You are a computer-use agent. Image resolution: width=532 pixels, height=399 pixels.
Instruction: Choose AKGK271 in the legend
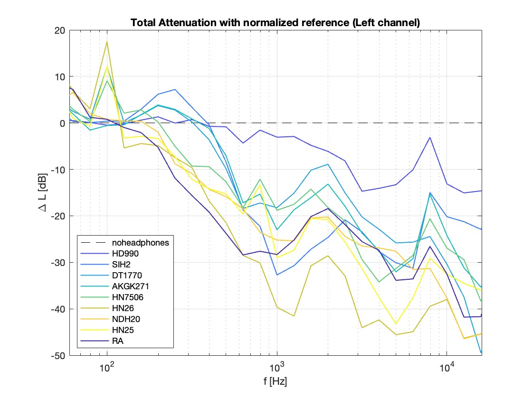click(x=126, y=286)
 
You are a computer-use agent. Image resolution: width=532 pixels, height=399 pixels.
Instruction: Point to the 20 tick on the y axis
click(x=59, y=30)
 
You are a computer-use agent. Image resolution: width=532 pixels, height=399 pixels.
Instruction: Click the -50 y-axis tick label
click(x=58, y=356)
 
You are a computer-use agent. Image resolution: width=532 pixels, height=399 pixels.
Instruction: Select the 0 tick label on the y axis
click(x=62, y=123)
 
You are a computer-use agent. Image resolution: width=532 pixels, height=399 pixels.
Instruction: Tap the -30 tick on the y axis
click(x=58, y=263)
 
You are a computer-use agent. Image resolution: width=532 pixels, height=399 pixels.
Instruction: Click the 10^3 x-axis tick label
click(x=277, y=368)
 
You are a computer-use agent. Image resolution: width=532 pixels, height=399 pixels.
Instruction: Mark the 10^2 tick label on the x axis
click(x=107, y=368)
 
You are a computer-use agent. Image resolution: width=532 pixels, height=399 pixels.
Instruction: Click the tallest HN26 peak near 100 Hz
click(x=107, y=42)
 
